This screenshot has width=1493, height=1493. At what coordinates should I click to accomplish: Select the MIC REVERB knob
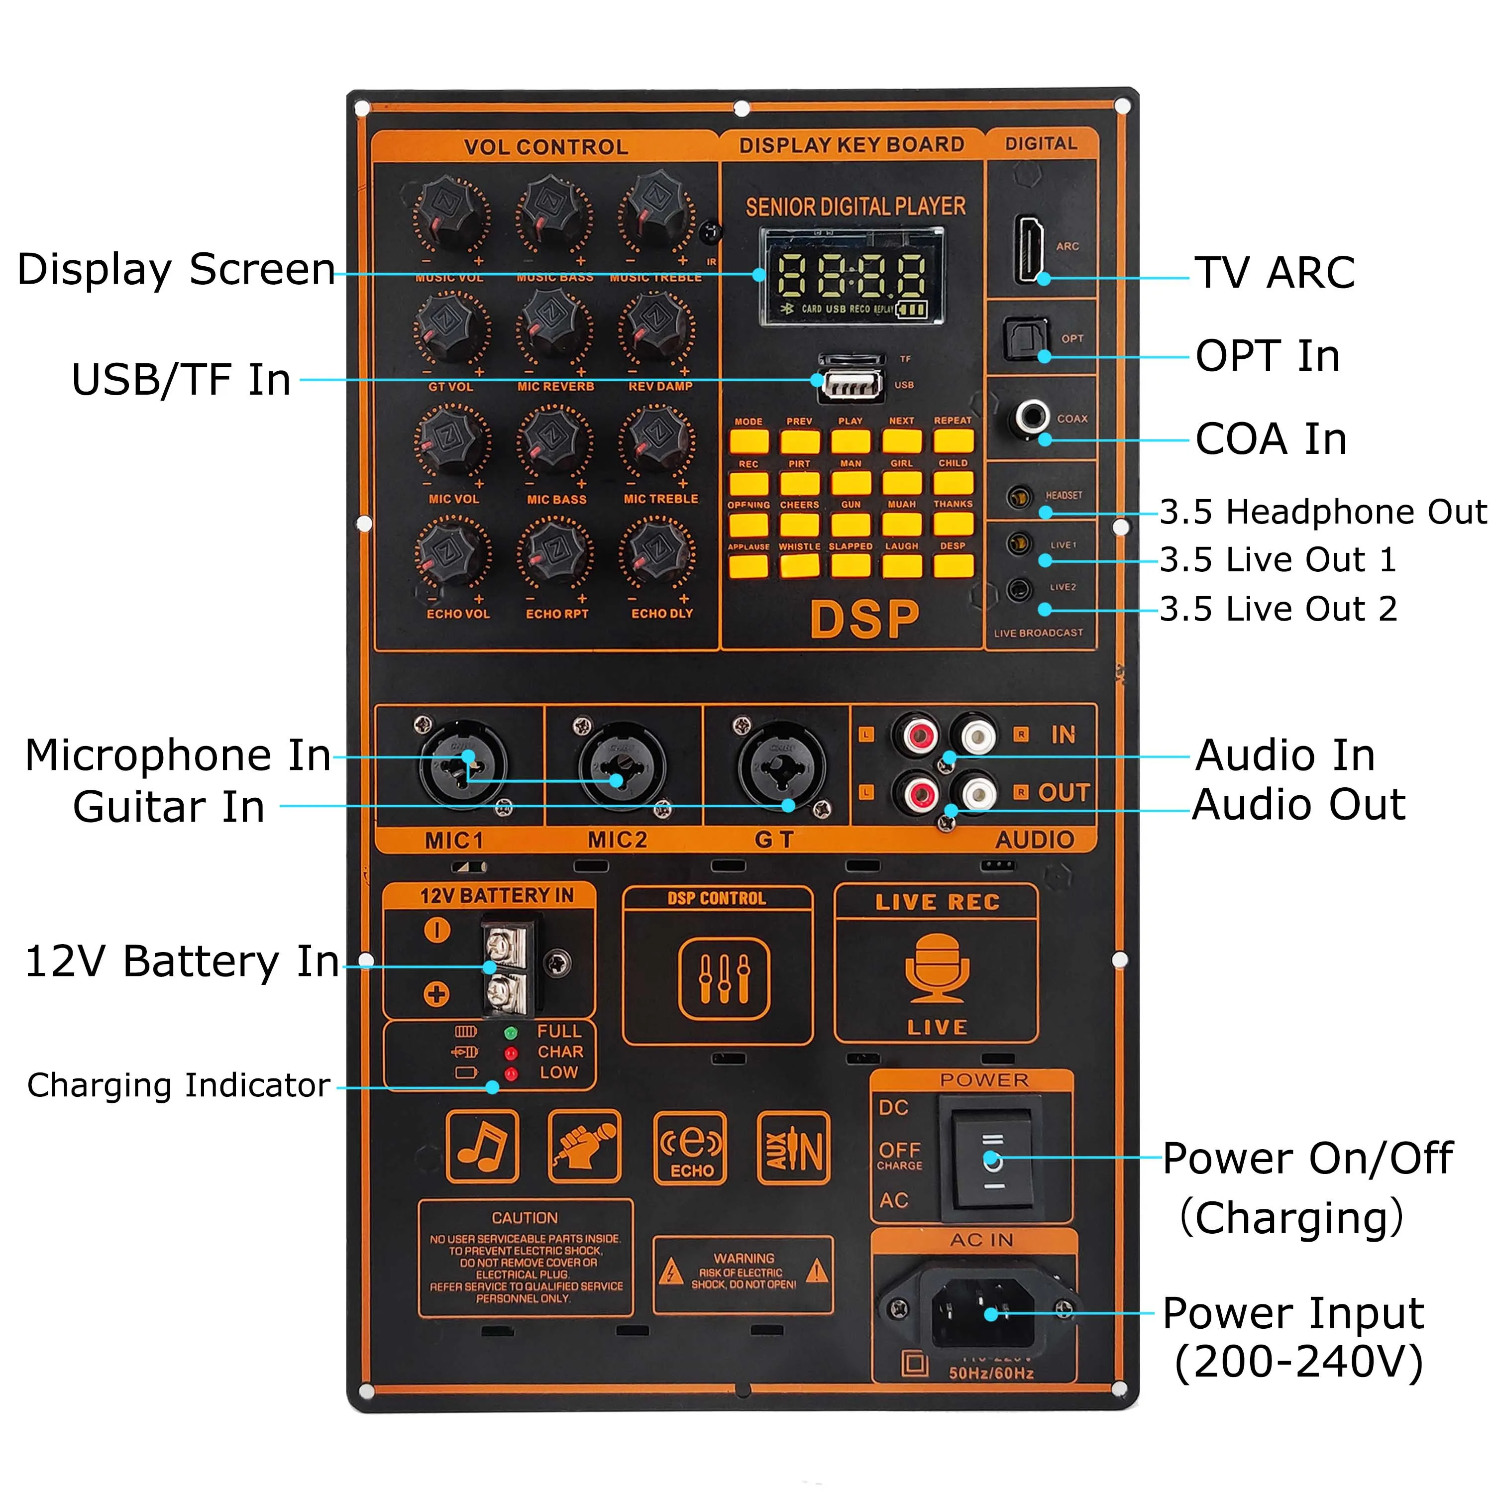coord(553,327)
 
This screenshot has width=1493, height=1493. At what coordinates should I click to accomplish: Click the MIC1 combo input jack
coord(462,765)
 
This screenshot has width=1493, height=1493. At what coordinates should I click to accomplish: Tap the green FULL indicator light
coord(510,1033)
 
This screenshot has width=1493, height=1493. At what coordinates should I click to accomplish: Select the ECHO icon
coord(690,1148)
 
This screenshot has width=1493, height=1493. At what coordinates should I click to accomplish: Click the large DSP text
coord(864,619)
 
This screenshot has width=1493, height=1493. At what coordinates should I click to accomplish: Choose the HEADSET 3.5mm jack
coord(1020,496)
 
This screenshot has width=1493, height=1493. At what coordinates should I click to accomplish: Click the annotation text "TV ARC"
coord(1275,273)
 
